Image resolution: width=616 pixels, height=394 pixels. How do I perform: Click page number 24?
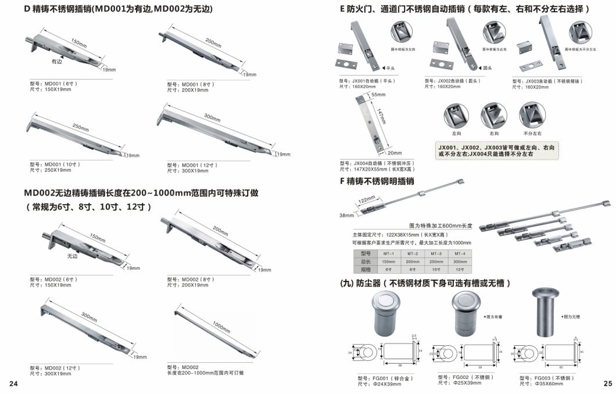click(13, 384)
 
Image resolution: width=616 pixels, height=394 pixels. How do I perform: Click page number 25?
click(608, 384)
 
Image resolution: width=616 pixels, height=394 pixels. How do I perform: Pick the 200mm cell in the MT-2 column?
click(413, 262)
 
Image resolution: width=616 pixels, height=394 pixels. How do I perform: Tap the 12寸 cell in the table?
click(459, 269)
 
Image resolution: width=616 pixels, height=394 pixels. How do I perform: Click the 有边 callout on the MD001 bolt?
click(56, 60)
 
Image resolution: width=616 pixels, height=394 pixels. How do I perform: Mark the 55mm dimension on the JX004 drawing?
click(378, 94)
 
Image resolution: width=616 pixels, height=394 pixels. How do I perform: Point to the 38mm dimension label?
click(346, 215)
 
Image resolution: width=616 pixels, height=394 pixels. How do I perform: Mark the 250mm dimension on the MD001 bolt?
click(80, 128)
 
